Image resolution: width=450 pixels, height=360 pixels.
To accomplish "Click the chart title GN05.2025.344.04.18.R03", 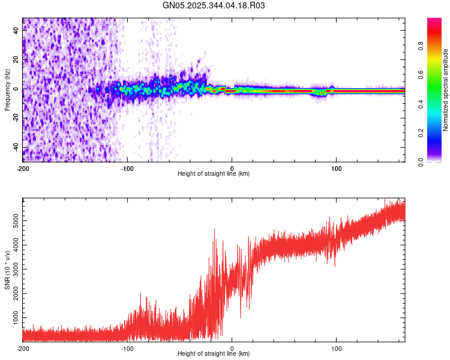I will pyautogui.click(x=214, y=5).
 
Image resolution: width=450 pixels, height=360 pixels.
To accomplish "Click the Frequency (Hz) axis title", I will pyautogui.click(x=7, y=90).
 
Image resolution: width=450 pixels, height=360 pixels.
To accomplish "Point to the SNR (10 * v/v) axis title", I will pyautogui.click(x=7, y=270).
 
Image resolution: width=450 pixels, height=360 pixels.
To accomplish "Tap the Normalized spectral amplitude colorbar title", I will pyautogui.click(x=446, y=90).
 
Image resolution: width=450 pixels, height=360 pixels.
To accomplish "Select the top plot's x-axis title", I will pyautogui.click(x=214, y=174).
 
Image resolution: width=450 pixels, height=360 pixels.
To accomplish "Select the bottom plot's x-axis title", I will pyautogui.click(x=214, y=354).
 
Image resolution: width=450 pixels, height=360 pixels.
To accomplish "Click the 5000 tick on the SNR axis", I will pyautogui.click(x=14, y=221).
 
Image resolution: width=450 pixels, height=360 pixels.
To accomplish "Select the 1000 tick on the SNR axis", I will pyautogui.click(x=14, y=316).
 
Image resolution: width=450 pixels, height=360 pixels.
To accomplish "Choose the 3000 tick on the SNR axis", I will pyautogui.click(x=14, y=269).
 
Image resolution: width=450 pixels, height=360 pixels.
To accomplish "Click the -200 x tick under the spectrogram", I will pyautogui.click(x=23, y=168).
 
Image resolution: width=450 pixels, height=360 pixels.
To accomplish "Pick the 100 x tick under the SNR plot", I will pyautogui.click(x=337, y=348).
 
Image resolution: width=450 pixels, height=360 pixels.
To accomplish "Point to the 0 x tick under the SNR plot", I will pyautogui.click(x=232, y=348).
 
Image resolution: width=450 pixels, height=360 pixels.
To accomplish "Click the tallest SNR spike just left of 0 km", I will pyautogui.click(x=214, y=229).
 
